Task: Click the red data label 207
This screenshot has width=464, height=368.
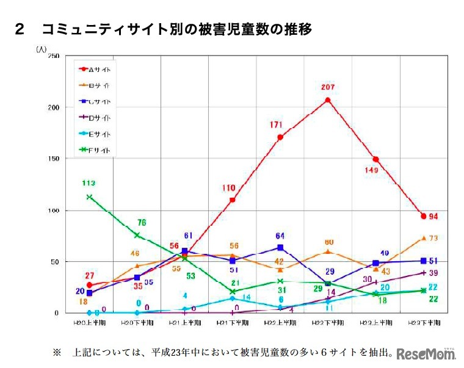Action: point(328,88)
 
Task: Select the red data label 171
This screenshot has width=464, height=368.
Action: point(277,125)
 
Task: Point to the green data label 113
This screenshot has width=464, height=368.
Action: point(89,182)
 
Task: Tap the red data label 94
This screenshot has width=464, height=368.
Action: point(433,216)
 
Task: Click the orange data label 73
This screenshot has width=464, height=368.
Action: point(433,238)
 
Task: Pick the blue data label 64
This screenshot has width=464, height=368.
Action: point(280,236)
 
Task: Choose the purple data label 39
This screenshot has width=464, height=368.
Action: point(434,273)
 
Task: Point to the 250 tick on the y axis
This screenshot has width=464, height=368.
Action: point(54,56)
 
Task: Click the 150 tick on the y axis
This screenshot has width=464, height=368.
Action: point(54,159)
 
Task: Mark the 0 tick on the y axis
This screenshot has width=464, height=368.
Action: point(57,313)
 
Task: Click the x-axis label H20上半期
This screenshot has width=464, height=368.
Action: point(89,323)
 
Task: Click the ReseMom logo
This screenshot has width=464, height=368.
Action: point(427,354)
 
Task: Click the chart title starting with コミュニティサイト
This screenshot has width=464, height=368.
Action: point(177,29)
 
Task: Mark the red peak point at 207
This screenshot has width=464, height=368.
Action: point(328,100)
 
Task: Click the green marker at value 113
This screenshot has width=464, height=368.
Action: point(89,197)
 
